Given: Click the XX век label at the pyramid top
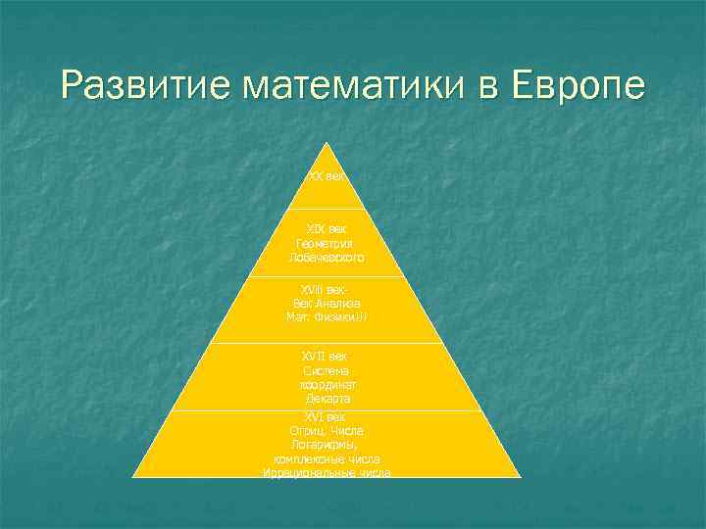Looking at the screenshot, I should pyautogui.click(x=326, y=176).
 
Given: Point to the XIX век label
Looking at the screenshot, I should pyautogui.click(x=326, y=228).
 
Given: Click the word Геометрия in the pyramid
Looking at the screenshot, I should pyautogui.click(x=326, y=242).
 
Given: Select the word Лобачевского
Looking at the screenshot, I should pyautogui.click(x=326, y=257).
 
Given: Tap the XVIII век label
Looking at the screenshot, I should pyautogui.click(x=326, y=290).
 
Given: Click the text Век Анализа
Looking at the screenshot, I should pyautogui.click(x=326, y=304).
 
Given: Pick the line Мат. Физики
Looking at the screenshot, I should pyautogui.click(x=326, y=317).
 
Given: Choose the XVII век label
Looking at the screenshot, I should pyautogui.click(x=326, y=357).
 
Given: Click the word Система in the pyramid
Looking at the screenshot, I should pyautogui.click(x=326, y=370).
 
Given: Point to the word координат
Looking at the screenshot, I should pyautogui.click(x=326, y=385).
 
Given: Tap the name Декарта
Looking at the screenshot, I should pyautogui.click(x=326, y=399).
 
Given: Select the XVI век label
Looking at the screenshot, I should pyautogui.click(x=326, y=416).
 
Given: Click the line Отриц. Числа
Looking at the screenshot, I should pyautogui.click(x=326, y=431).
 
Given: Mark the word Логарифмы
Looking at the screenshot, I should pyautogui.click(x=326, y=445).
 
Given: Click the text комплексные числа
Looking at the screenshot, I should pyautogui.click(x=326, y=458).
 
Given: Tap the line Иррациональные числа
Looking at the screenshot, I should pyautogui.click(x=326, y=473).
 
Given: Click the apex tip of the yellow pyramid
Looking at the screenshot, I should pyautogui.click(x=326, y=145).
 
